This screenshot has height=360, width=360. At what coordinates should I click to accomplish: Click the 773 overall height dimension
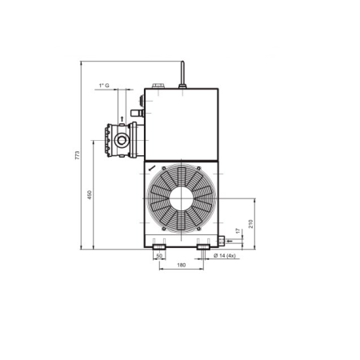coord(78,155)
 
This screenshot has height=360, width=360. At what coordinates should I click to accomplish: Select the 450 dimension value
coord(90,194)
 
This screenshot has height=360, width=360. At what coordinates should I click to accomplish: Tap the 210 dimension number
coord(250,224)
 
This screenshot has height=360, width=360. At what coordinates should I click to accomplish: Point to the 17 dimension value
coord(238,231)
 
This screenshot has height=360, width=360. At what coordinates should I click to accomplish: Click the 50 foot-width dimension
coord(159,256)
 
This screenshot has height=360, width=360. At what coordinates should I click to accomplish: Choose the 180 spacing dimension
coord(182,265)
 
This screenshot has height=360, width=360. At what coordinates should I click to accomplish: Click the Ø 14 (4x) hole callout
coord(225,256)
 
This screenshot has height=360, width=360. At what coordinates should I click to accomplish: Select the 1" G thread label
coord(104,86)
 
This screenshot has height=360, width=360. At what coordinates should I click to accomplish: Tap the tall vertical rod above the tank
coord(182,73)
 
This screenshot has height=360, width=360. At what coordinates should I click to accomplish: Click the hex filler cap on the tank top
coord(158,86)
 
